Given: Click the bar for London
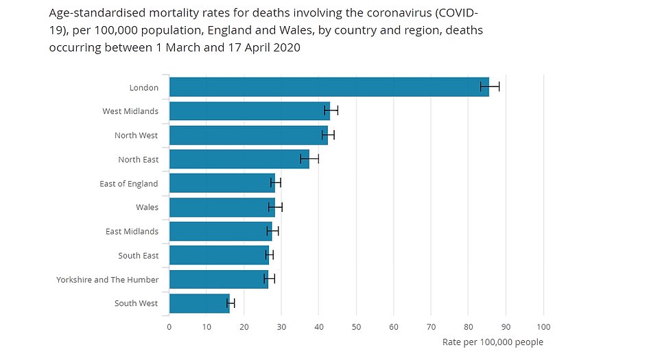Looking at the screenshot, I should [329, 87].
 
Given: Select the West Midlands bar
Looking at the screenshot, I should [249, 111].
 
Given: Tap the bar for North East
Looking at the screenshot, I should [239, 159].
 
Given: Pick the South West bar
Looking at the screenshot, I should [199, 303].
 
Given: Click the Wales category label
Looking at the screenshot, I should [147, 207].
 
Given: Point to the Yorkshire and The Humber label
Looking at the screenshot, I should [107, 279].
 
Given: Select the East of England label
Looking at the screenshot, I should [128, 183].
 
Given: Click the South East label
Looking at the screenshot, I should [138, 255].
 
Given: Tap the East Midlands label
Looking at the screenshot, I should [132, 231].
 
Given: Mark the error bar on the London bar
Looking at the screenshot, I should [490, 86].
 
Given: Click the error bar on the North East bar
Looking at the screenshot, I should [309, 159].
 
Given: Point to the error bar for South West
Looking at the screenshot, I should [231, 303].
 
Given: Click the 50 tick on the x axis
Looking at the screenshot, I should [356, 327].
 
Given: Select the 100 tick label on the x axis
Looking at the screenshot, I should [543, 327].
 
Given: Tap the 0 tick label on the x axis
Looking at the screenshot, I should [169, 327].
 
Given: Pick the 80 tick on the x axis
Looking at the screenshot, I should [469, 327].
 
